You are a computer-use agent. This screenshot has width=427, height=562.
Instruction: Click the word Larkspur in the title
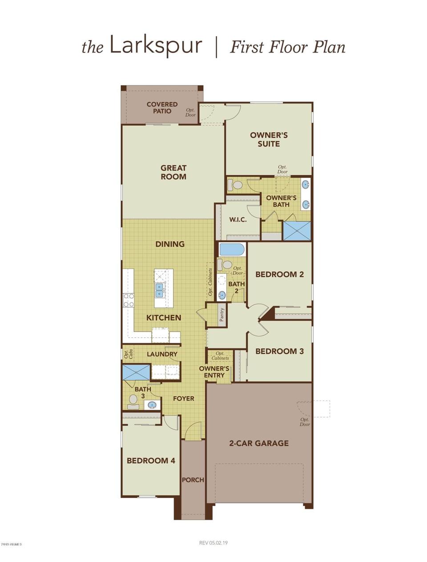point(156,46)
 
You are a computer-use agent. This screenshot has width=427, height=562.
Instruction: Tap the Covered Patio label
point(162,108)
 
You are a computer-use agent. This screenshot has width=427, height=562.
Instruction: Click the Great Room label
point(173,172)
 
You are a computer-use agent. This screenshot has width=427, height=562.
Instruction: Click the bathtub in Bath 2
point(232,249)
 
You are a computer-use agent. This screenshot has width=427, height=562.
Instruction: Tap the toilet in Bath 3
point(133,401)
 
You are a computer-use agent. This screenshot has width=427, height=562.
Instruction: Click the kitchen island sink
point(160,291)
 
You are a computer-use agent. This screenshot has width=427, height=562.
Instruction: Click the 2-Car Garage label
point(259,443)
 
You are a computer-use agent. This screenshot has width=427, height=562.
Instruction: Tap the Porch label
point(193,480)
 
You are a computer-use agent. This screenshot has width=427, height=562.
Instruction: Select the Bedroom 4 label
point(151,461)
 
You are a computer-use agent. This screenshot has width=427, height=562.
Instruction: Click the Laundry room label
point(162,354)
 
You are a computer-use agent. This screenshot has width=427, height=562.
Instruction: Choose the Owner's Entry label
point(214,372)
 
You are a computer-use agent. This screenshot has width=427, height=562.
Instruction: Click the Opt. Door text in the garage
point(305,422)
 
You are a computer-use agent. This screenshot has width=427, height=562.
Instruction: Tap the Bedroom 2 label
point(279,274)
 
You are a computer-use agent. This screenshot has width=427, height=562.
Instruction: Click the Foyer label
point(184,398)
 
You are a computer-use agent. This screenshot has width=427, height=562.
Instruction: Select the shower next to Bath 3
point(137,372)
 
